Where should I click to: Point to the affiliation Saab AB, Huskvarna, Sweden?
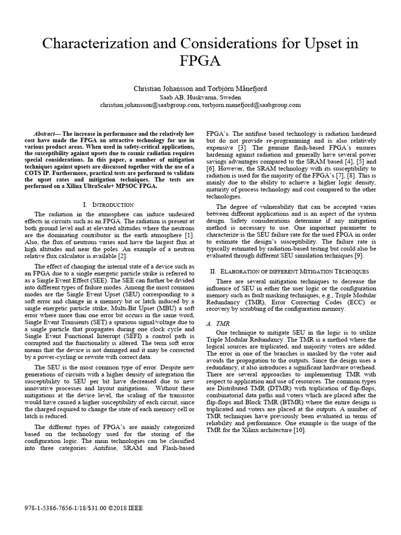[200, 97]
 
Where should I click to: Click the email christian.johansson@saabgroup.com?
[150, 104]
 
